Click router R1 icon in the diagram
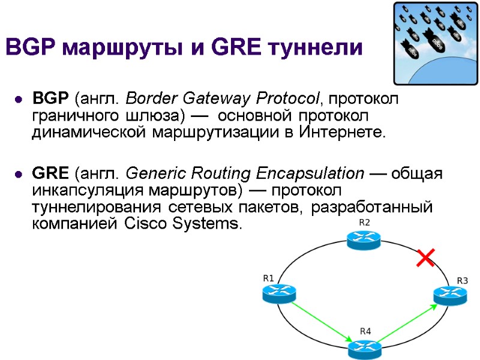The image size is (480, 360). [x=279, y=294]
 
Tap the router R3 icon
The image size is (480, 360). [x=449, y=294]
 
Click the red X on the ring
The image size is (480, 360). [x=425, y=259]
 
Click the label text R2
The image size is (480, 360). [x=364, y=223]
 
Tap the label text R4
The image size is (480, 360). [x=365, y=331]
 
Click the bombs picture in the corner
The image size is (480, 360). [x=435, y=43]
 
